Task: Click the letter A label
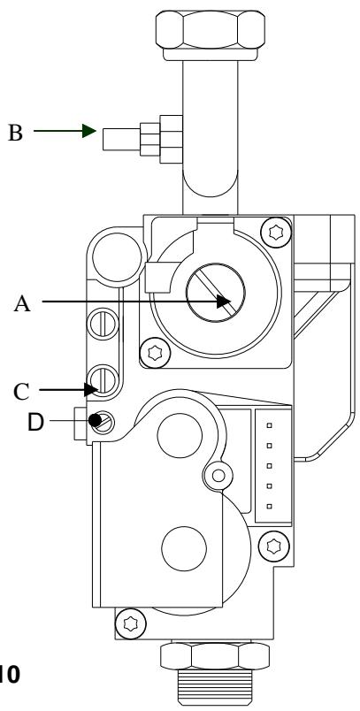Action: pyautogui.click(x=23, y=302)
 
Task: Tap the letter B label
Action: pyautogui.click(x=38, y=134)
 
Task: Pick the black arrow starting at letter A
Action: pyautogui.click(x=133, y=302)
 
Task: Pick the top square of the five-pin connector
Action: pyautogui.click(x=268, y=423)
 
